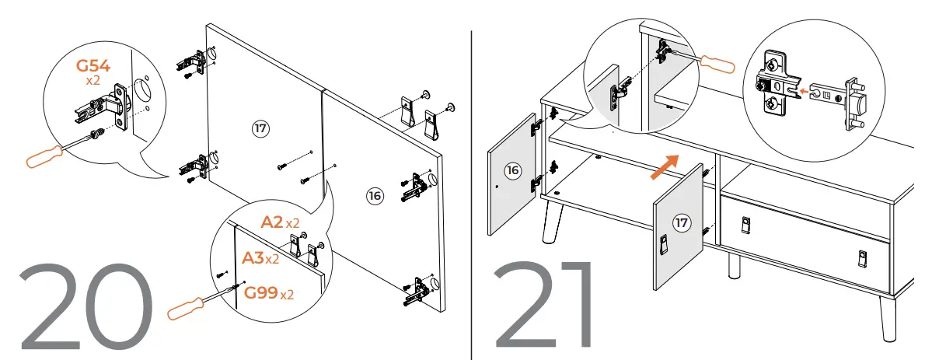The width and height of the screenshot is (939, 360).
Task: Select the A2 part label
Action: [271, 222]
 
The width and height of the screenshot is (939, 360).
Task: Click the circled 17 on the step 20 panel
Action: [261, 128]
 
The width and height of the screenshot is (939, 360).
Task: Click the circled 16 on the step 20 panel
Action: [375, 196]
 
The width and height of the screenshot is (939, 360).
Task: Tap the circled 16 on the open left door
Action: [511, 171]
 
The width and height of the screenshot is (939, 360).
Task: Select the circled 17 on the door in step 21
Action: [681, 224]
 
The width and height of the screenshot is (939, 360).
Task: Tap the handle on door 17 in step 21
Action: [664, 246]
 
